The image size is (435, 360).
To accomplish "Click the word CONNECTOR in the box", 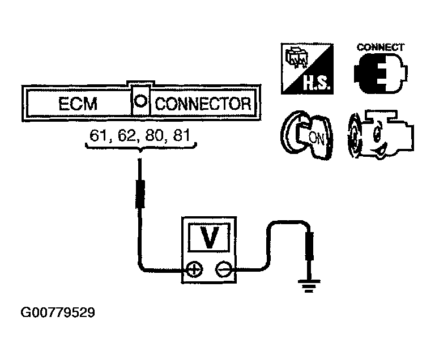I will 202,104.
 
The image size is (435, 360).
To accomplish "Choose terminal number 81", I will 184,136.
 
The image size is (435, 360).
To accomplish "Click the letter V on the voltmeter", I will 209,238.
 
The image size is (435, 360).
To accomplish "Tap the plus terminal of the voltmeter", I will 194,269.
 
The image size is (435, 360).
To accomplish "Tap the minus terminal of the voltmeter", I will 223,269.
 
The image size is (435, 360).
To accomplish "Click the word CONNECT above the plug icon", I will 380,47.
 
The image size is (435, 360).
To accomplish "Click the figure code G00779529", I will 58,312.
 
